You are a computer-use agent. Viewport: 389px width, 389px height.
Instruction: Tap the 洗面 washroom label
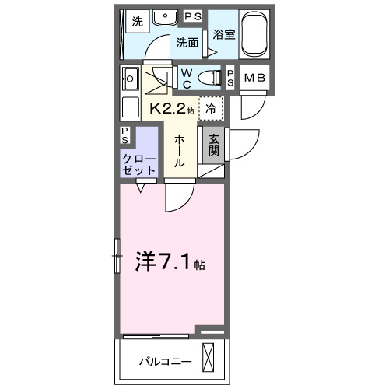187,43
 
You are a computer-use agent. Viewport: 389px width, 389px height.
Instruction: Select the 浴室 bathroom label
225,35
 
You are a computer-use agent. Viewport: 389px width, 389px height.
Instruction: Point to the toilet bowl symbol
209,76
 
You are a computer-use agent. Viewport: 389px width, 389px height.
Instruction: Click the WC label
187,77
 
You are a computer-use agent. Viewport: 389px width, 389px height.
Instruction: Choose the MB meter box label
254,77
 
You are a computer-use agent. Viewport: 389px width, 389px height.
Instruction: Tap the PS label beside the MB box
231,77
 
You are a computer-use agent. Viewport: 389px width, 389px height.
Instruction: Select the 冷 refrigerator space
211,108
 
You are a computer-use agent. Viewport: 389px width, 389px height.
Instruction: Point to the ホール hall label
178,150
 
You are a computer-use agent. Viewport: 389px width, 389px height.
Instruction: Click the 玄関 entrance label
212,145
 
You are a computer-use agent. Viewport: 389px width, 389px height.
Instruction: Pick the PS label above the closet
126,134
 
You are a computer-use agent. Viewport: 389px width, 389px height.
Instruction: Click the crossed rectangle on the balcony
209,359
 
